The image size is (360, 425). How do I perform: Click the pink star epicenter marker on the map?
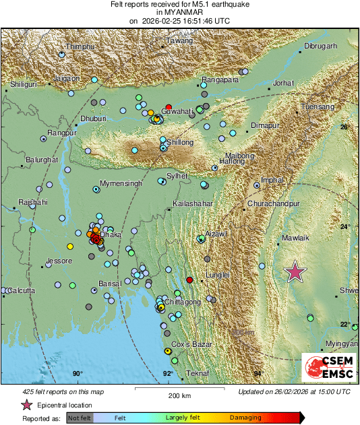(x=295, y=271)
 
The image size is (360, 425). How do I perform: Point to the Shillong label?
(x=179, y=142)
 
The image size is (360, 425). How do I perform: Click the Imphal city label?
(x=273, y=180)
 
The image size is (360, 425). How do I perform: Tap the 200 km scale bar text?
(x=179, y=395)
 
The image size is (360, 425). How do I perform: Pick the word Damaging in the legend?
(x=245, y=418)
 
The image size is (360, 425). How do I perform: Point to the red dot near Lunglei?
(x=189, y=280)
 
